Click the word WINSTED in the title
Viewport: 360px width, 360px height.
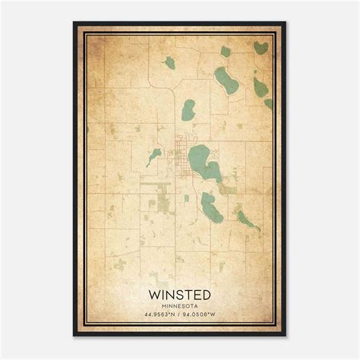(x=180, y=295)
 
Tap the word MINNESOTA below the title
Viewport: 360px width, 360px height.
(x=180, y=306)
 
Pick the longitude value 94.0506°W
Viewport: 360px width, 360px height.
(x=204, y=314)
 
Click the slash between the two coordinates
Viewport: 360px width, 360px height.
(x=181, y=314)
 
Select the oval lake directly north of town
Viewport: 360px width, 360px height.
(x=187, y=111)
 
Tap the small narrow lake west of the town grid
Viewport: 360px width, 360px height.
(x=154, y=156)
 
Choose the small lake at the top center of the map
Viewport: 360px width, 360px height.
(x=169, y=64)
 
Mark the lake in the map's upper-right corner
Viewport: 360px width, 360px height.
(x=261, y=48)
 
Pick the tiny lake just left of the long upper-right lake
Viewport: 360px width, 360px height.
(x=226, y=52)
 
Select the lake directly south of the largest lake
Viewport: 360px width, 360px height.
(x=210, y=203)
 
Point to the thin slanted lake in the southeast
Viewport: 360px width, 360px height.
(x=248, y=220)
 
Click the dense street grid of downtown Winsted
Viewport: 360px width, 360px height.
(x=181, y=147)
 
